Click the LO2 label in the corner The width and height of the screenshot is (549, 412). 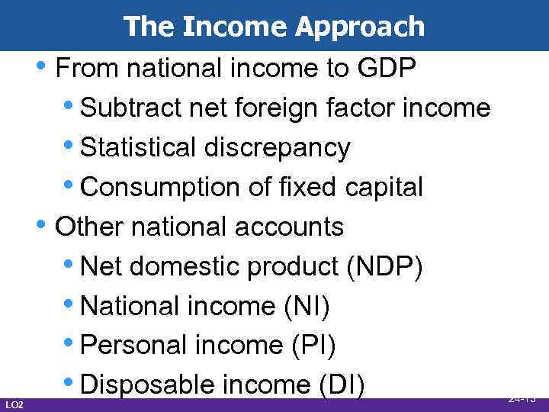click(14, 403)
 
